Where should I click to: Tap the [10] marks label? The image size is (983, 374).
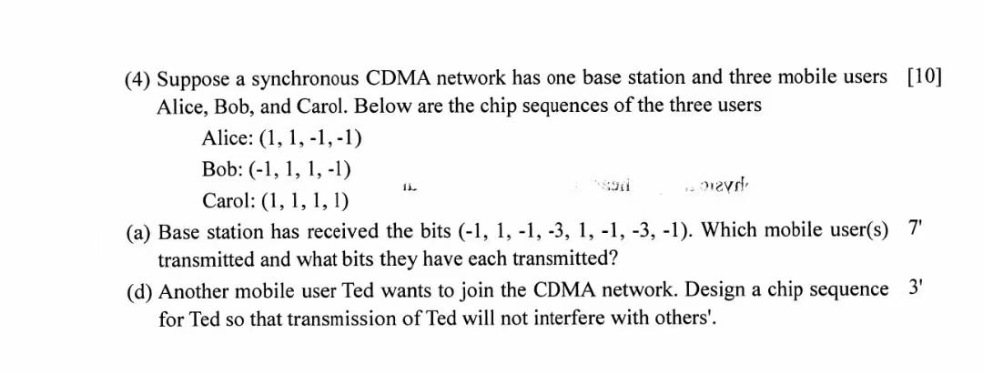click(x=924, y=76)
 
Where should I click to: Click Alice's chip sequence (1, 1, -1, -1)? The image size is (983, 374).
click(x=311, y=138)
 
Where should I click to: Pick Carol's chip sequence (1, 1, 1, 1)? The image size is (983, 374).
click(x=306, y=200)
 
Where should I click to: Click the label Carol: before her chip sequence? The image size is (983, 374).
click(x=228, y=200)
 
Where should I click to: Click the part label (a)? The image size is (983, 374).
click(x=137, y=231)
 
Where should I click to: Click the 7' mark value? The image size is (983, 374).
click(x=915, y=228)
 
